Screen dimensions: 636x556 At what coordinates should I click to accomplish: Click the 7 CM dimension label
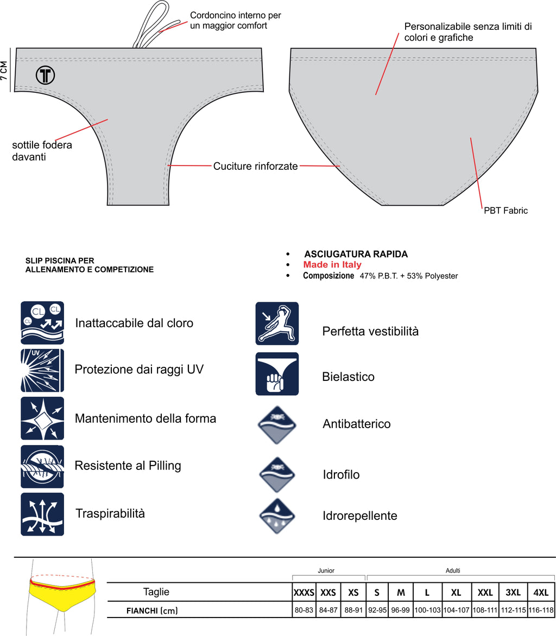tap(4, 71)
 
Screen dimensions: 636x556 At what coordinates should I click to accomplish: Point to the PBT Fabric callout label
tap(506, 211)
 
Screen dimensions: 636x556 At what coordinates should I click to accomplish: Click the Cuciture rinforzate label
tap(255, 166)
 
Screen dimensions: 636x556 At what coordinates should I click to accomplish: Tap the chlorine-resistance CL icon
tap(42, 323)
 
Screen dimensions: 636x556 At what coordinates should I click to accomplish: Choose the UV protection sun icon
tap(42, 370)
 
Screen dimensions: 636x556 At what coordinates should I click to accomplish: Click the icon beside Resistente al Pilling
tap(42, 466)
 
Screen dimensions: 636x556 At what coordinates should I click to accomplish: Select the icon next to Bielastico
tap(277, 374)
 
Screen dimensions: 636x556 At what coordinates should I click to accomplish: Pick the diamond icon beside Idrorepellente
tap(277, 516)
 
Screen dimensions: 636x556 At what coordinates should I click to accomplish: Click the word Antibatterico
tap(356, 424)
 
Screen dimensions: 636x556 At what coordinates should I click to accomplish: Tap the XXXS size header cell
tap(304, 593)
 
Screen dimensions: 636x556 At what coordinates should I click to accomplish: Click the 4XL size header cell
tap(541, 593)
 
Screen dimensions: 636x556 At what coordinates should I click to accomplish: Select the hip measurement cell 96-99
tap(401, 610)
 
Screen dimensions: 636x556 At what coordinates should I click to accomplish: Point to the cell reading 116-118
tap(541, 610)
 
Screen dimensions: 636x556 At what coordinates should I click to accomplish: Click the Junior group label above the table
tap(326, 570)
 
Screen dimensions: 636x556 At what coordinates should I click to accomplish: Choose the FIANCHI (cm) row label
tap(152, 610)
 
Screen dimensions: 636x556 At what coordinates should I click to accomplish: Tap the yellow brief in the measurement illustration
tap(62, 596)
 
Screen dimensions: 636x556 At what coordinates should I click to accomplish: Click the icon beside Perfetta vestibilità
tap(277, 323)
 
